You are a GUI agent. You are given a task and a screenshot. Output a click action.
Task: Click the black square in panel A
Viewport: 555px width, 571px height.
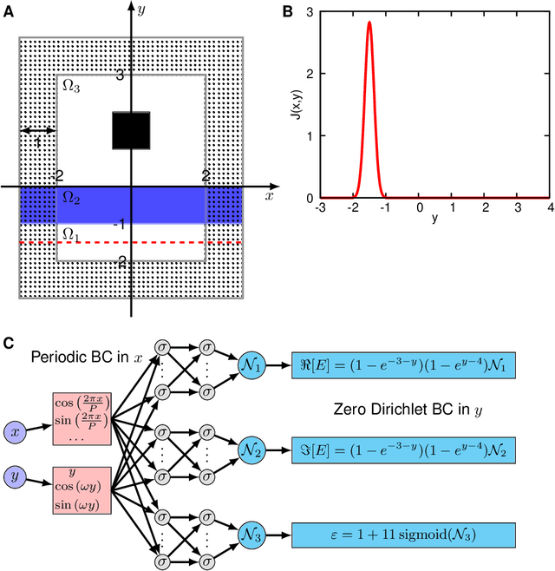coord(131,130)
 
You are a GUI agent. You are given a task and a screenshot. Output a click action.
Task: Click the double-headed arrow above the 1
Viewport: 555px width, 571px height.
coord(37,130)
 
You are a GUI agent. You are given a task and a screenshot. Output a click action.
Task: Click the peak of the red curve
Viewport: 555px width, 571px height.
coord(369,23)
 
